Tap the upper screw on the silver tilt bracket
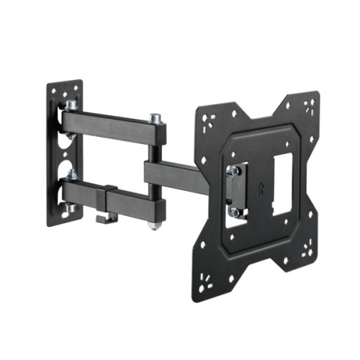(233, 171)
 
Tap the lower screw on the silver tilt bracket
(234, 212)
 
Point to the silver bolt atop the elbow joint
(154, 117)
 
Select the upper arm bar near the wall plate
(101, 120)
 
